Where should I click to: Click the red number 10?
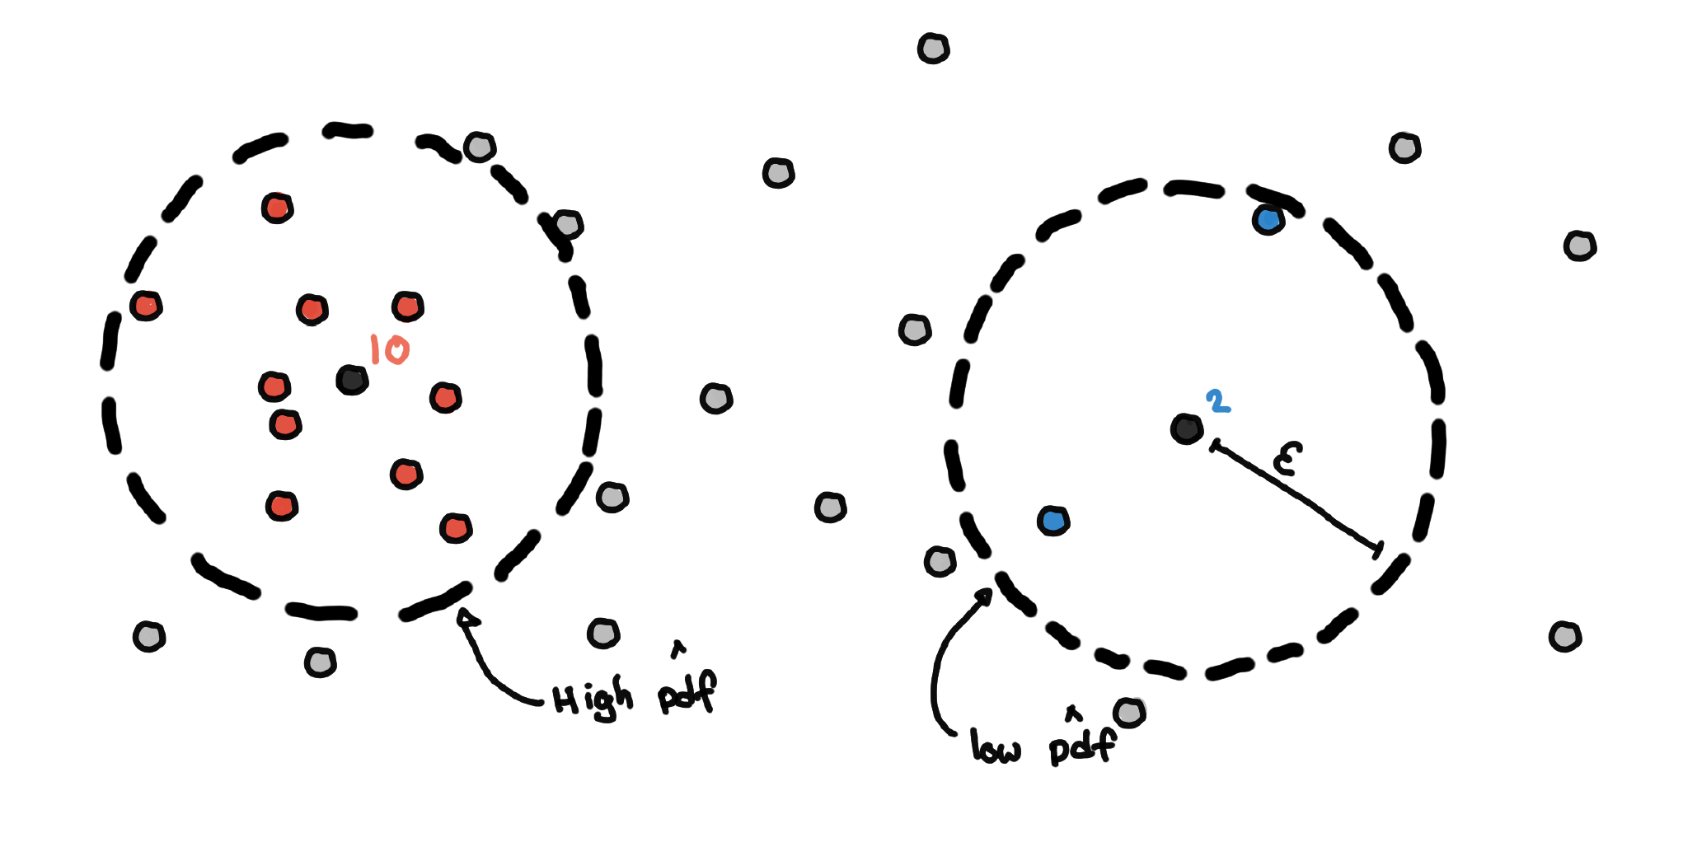(389, 349)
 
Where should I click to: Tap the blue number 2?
(1217, 401)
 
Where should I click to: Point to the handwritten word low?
(996, 746)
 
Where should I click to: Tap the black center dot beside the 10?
(352, 380)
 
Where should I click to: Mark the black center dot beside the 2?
(1186, 428)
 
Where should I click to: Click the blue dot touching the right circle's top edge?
(1268, 219)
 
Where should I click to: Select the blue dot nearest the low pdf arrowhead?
(1053, 521)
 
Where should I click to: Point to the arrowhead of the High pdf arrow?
(466, 617)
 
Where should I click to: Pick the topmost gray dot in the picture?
(933, 49)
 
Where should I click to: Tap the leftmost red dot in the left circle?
(146, 306)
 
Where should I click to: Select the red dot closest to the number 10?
(407, 307)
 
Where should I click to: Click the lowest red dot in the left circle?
(455, 527)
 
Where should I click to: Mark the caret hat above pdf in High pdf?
(678, 650)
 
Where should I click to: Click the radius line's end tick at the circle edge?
(1378, 550)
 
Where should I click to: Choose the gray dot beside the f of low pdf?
(1129, 712)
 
